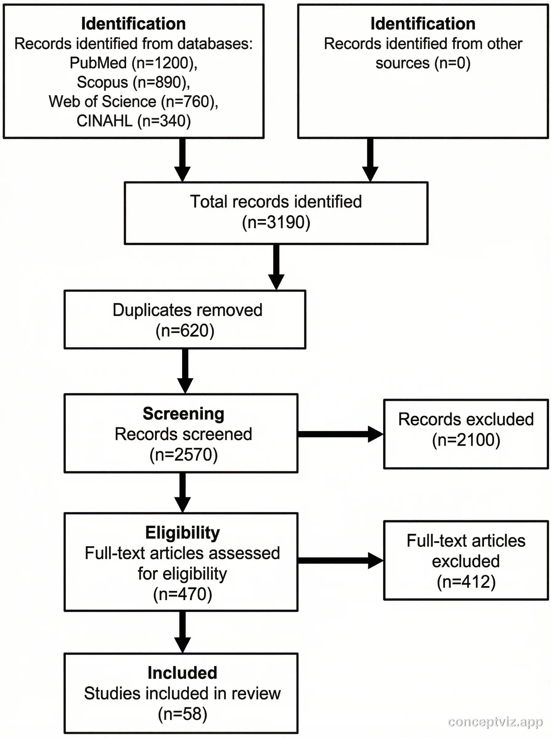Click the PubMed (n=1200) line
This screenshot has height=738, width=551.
[133, 63]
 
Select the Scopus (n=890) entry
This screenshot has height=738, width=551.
[133, 82]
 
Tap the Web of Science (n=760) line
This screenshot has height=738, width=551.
[133, 102]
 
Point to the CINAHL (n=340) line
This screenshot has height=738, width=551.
[133, 121]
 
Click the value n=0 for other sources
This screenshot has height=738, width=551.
[452, 63]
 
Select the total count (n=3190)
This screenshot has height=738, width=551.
[276, 222]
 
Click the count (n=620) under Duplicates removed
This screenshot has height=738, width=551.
[185, 331]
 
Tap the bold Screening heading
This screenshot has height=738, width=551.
[184, 414]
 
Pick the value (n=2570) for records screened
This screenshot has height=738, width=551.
[184, 454]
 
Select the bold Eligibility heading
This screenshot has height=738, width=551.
[182, 533]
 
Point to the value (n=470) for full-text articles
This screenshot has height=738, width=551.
[182, 594]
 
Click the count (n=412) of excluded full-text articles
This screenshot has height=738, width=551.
[466, 581]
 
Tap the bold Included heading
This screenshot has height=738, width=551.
[182, 673]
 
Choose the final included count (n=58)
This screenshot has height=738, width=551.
[182, 714]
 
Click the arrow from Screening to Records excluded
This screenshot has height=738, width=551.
[340, 434]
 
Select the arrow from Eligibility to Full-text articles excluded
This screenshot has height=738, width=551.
[340, 560]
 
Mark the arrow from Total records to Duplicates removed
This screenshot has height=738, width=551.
[276, 267]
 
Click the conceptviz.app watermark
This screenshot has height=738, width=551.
[495, 722]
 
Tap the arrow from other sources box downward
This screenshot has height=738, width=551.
[370, 159]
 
